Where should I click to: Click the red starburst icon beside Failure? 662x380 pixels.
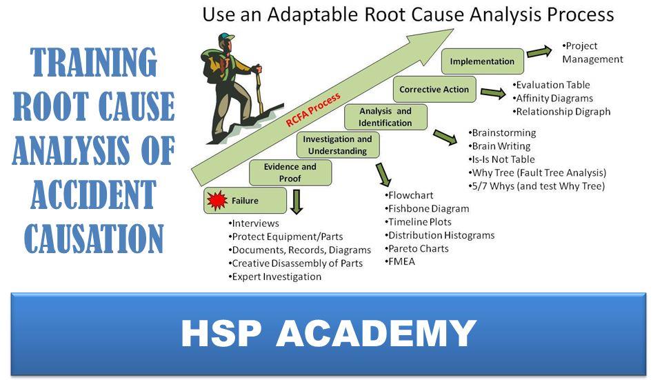point(217,200)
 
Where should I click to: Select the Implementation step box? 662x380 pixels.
point(483,61)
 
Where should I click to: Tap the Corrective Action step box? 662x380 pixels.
point(434,89)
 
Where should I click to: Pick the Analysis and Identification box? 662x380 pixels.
point(385,117)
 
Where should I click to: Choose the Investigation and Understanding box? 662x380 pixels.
point(338,145)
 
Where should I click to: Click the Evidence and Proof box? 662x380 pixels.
point(290,172)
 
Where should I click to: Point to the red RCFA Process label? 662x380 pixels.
point(313,110)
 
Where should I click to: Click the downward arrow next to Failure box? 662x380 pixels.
point(297,202)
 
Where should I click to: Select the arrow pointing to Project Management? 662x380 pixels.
point(539,52)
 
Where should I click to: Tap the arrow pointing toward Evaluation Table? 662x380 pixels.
point(492,93)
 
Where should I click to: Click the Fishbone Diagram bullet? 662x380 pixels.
point(427,208)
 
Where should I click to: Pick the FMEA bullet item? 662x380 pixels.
point(400,262)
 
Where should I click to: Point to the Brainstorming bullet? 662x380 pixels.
point(502,133)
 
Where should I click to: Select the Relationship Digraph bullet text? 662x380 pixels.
point(561,112)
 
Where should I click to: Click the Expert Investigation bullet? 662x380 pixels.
point(275,277)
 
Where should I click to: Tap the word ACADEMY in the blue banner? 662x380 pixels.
point(377,334)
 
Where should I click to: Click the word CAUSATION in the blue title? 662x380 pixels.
point(94,239)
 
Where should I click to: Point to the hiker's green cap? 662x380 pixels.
point(225,37)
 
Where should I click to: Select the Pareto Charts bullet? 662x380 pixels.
point(417,249)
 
